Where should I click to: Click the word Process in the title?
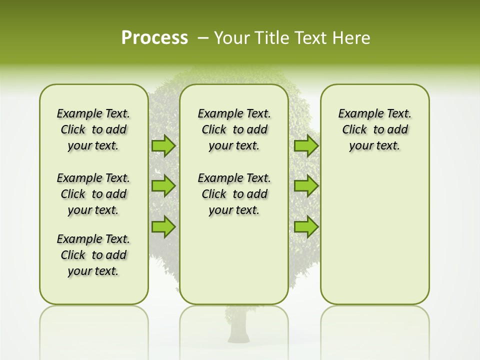[x=154, y=38]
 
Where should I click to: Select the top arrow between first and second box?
[x=163, y=145]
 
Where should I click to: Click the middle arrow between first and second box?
[x=163, y=186]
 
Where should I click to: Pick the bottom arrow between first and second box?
[x=163, y=226]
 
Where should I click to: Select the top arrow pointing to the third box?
[x=306, y=145]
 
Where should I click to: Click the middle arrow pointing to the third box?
[x=306, y=186]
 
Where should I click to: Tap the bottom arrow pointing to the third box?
[x=306, y=226]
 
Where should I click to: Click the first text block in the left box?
[x=93, y=129]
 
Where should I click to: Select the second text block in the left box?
[x=93, y=194]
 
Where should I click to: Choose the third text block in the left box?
[x=93, y=255]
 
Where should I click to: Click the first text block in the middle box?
[x=234, y=129]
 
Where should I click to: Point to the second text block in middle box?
[x=234, y=194]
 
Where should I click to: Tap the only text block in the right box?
[x=374, y=129]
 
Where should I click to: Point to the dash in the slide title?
[x=203, y=38]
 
